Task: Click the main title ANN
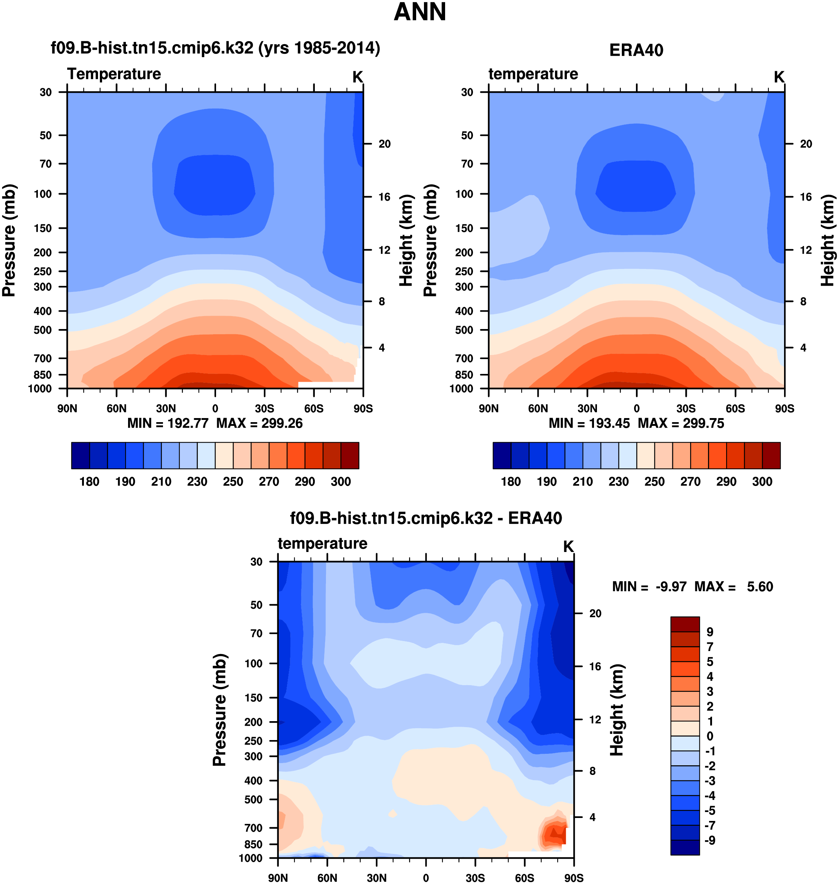[x=419, y=12]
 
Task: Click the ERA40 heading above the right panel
[x=636, y=50]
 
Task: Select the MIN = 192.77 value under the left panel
[x=168, y=423]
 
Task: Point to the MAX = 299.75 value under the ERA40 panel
[x=681, y=423]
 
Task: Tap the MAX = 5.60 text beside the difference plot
[x=734, y=586]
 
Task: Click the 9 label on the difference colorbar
[x=710, y=632]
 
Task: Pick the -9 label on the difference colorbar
[x=710, y=840]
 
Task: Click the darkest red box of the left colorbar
[x=350, y=456]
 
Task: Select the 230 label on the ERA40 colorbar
[x=618, y=482]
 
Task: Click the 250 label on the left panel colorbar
[x=233, y=482]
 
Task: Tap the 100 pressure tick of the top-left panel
[x=43, y=194]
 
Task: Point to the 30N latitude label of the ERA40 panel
[x=587, y=408]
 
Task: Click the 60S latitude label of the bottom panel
[x=524, y=878]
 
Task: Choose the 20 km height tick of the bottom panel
[x=595, y=613]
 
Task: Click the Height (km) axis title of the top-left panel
[x=406, y=240]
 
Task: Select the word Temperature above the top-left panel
[x=114, y=74]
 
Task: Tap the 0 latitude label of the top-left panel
[x=215, y=408]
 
